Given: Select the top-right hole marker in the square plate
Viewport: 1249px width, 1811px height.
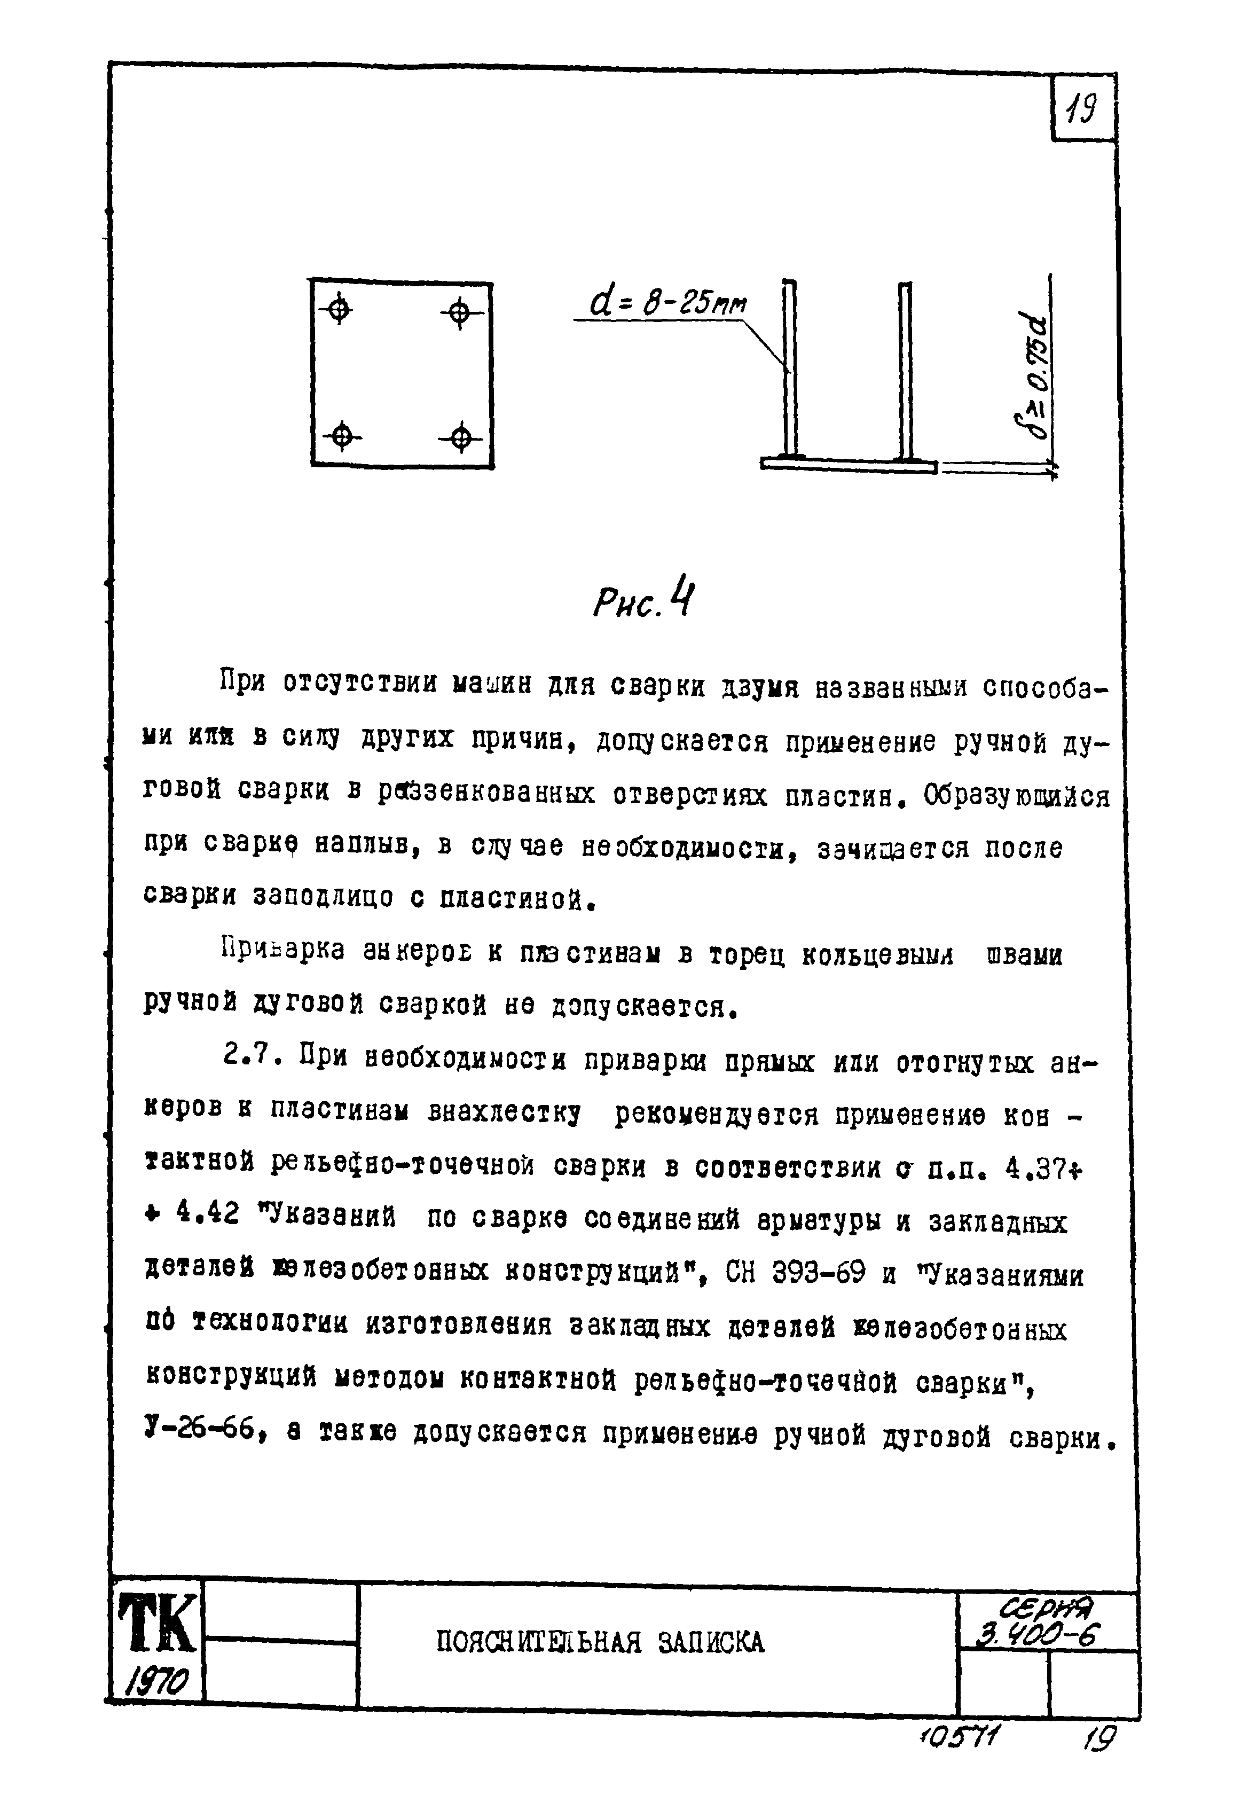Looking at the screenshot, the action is point(460,315).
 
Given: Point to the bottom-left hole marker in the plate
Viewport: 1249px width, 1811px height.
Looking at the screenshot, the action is point(341,435).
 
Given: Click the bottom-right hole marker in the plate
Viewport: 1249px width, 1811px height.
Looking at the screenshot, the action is point(461,437).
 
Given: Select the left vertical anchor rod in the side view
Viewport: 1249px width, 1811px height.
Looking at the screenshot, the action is point(790,368).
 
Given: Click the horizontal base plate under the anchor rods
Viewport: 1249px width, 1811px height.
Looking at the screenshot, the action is point(849,465).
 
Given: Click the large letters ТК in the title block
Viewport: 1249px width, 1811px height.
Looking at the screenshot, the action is point(156,1626).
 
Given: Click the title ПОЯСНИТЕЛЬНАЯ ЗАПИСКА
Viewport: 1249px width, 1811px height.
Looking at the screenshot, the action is point(600,1641).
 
